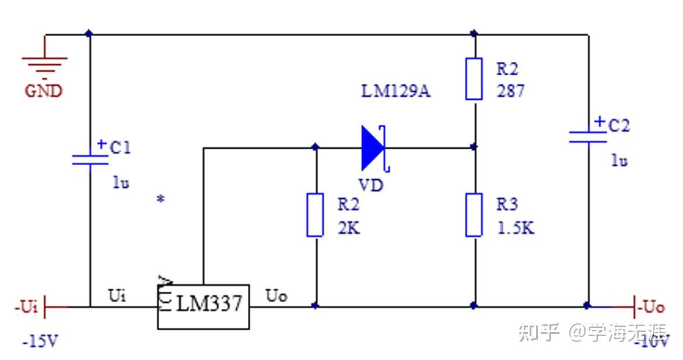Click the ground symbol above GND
tap(45, 64)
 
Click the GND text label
tap(43, 92)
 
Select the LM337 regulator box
tap(204, 306)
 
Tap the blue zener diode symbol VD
tap(373, 148)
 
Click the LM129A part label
tap(396, 92)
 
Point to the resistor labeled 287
tap(474, 79)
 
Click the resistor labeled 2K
tap(315, 215)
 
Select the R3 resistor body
tap(474, 215)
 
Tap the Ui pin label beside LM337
tap(117, 295)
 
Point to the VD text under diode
tap(370, 186)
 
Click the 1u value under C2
tap(619, 160)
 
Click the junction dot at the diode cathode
tap(474, 147)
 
